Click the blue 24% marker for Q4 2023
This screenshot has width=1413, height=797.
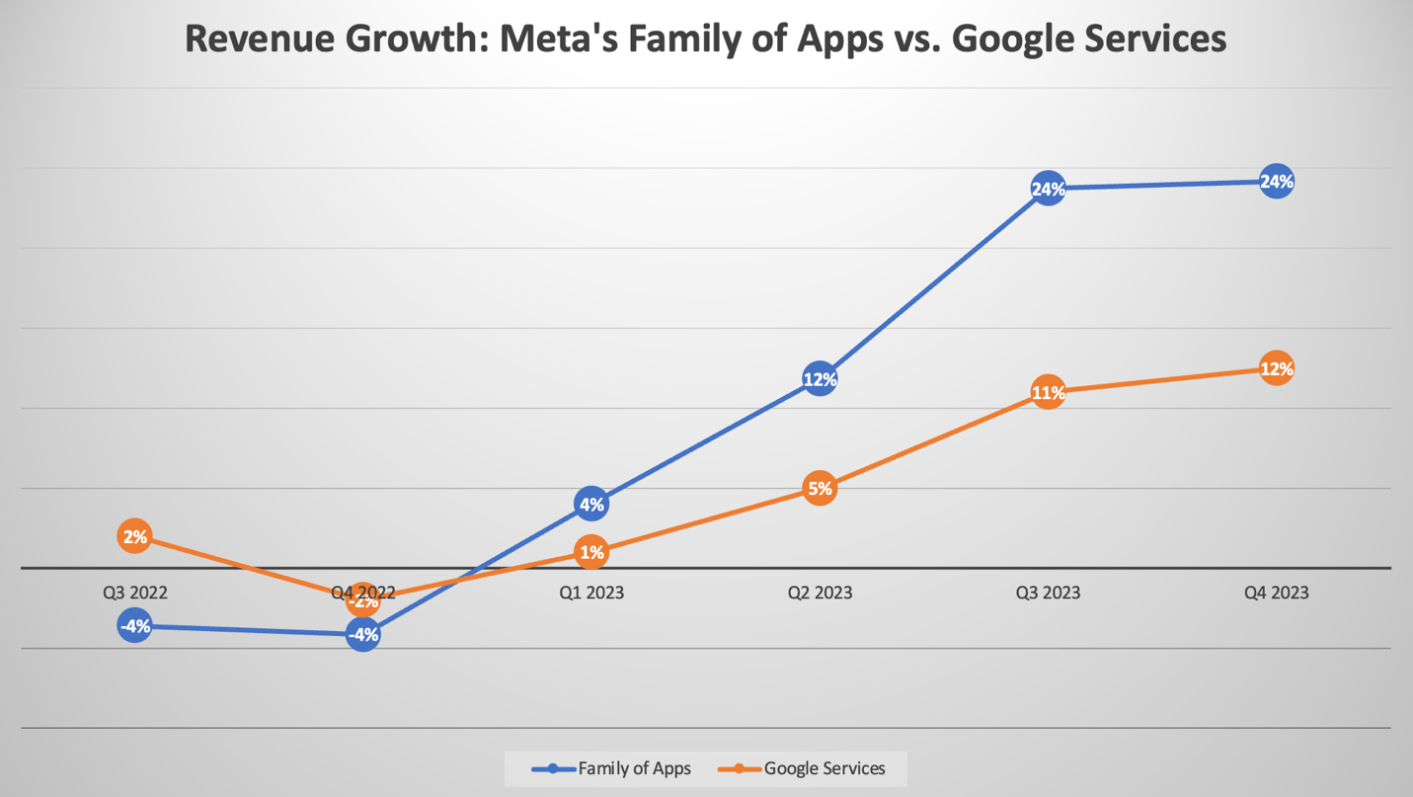tap(1276, 182)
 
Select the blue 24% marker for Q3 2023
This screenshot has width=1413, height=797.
tap(1048, 189)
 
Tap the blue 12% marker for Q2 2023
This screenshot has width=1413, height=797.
tap(820, 378)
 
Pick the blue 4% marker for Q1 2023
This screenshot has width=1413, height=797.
tap(591, 505)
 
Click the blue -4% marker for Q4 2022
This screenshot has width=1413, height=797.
tap(363, 635)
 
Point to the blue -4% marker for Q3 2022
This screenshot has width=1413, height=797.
tap(134, 626)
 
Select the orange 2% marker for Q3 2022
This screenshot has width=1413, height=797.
tap(134, 536)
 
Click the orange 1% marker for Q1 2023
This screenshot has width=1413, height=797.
tap(591, 552)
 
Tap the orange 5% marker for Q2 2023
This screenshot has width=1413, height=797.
tap(820, 488)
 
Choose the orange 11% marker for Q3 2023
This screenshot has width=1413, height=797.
tap(1048, 392)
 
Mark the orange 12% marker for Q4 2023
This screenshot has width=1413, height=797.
tap(1276, 368)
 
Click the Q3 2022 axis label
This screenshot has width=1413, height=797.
tap(135, 593)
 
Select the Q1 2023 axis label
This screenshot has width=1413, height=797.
tap(591, 593)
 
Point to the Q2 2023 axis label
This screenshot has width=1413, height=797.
tap(820, 593)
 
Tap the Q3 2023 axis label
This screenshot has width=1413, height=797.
tap(1048, 593)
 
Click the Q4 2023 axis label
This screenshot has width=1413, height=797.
tap(1276, 593)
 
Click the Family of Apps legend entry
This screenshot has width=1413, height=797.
tap(612, 768)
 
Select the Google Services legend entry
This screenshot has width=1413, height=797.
tap(803, 768)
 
